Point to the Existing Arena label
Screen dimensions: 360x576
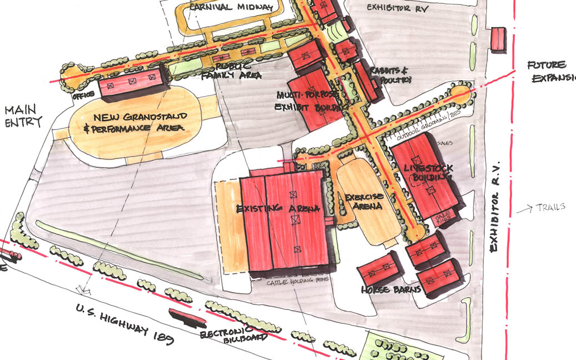278,209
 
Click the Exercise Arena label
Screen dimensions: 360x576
363,202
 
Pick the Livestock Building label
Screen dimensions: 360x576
429,172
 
